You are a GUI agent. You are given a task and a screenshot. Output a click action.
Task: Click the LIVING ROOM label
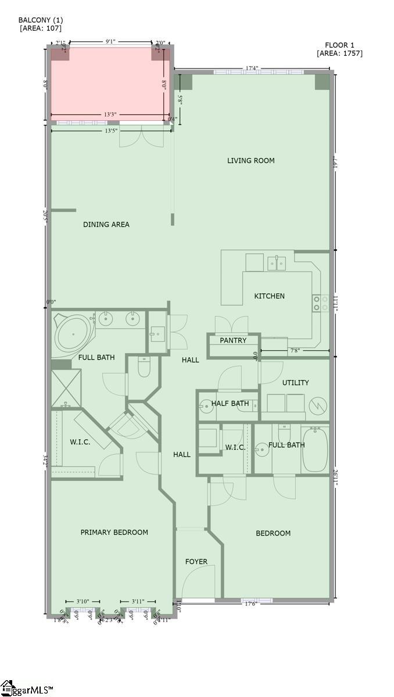(x=251, y=161)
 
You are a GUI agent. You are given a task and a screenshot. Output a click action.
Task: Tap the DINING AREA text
(x=106, y=225)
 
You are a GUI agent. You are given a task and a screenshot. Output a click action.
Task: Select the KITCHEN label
(x=270, y=296)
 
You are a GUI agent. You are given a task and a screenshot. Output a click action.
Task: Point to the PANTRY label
(x=233, y=340)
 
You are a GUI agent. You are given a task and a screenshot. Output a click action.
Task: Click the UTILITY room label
(x=295, y=383)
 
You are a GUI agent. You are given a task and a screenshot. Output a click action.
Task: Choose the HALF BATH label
(x=230, y=404)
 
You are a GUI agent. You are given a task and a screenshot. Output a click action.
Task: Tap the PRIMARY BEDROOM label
(x=114, y=532)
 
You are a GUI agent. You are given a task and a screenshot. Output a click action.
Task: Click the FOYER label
(x=196, y=562)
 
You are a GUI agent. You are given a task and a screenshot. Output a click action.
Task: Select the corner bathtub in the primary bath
(x=72, y=335)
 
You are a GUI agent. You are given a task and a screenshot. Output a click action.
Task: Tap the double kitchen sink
(x=277, y=263)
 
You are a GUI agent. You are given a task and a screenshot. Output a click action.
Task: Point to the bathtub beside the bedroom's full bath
(x=315, y=450)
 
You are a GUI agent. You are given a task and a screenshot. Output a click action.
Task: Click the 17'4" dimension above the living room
(x=252, y=69)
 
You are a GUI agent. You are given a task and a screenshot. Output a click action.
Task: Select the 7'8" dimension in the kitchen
(x=295, y=351)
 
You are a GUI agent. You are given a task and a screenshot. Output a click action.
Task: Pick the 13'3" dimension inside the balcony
(x=110, y=115)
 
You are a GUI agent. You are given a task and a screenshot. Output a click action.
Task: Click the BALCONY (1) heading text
(x=41, y=20)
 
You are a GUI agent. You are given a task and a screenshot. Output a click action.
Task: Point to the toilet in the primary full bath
(x=144, y=367)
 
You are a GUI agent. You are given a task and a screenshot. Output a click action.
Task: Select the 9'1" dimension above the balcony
(x=110, y=42)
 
